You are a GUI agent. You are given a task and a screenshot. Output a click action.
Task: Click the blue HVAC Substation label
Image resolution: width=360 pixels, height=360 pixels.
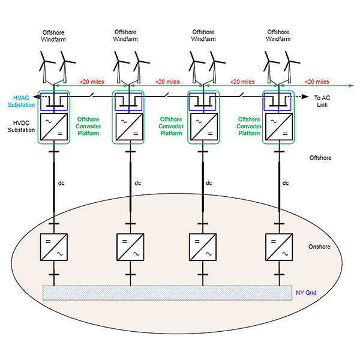[x=22, y=101]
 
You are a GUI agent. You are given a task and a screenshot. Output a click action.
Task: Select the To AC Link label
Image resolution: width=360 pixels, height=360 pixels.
[x=322, y=101]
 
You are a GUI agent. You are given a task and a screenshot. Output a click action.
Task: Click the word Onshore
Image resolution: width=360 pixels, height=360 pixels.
[x=318, y=247]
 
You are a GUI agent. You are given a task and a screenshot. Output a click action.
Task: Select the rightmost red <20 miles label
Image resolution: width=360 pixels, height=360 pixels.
[x=317, y=82]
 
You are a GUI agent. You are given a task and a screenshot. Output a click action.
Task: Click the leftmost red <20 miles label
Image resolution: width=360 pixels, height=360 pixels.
[x=91, y=82]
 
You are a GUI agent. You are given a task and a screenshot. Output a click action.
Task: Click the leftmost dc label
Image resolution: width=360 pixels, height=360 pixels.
[x=61, y=183]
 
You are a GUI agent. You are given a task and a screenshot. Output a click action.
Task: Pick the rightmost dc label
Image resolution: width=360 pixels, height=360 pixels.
[x=286, y=183]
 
